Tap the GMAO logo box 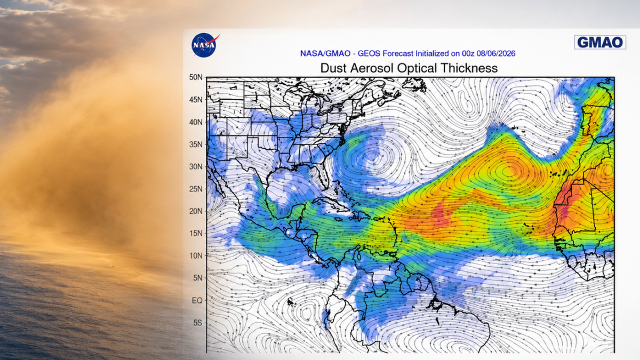pyautogui.click(x=600, y=42)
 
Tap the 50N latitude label pyautogui.click(x=196, y=77)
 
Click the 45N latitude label pyautogui.click(x=196, y=100)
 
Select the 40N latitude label pyautogui.click(x=196, y=122)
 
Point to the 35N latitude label pyautogui.click(x=196, y=145)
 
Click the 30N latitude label pyautogui.click(x=196, y=166)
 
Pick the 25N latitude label pyautogui.click(x=196, y=189)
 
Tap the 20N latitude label pyautogui.click(x=196, y=211)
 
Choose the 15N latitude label pyautogui.click(x=196, y=234)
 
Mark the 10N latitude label pyautogui.click(x=196, y=255)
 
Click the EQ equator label pyautogui.click(x=197, y=300)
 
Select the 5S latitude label pyautogui.click(x=198, y=323)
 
